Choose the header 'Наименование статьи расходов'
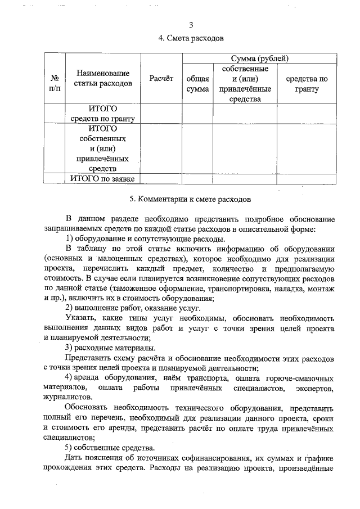pos(103,79)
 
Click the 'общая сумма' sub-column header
pos(197,84)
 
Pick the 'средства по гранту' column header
pos(307,84)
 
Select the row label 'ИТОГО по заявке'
pos(103,179)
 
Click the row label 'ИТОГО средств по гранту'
pos(103,113)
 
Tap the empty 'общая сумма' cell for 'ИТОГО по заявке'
pos(197,179)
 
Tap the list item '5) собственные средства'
pos(109,448)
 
